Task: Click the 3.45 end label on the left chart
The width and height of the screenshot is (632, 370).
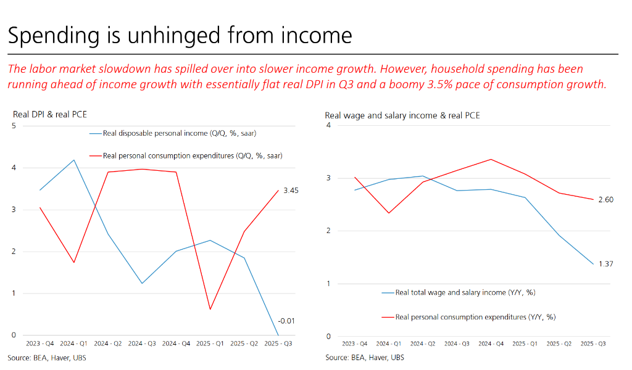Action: click(x=291, y=191)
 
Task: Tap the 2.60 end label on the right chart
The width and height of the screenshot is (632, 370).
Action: click(x=607, y=199)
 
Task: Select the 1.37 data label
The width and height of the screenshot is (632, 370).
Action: click(x=607, y=264)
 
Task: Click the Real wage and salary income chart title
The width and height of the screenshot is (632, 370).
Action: click(x=402, y=115)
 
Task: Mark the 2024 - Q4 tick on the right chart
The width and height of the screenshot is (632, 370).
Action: click(x=491, y=343)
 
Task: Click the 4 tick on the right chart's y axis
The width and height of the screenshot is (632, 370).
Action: click(x=328, y=125)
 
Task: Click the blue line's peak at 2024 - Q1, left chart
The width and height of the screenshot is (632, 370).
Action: click(x=74, y=160)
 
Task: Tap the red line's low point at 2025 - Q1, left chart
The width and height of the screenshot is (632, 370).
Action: click(x=210, y=309)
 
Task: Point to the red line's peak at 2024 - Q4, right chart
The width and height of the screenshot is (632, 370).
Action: click(x=491, y=159)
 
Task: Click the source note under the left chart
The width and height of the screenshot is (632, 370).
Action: click(x=47, y=358)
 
